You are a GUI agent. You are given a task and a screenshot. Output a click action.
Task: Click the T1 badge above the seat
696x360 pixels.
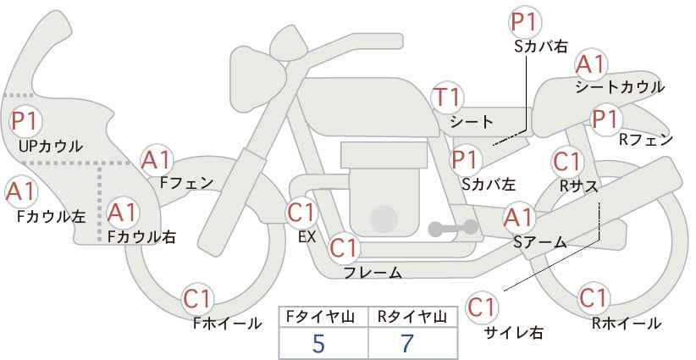(x=448, y=97)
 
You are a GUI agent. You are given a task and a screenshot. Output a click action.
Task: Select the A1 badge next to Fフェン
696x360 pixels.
(x=156, y=161)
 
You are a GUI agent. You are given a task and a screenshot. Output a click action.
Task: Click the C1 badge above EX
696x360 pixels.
(x=301, y=213)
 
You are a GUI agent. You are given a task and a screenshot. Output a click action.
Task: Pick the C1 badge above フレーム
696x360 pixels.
(x=344, y=247)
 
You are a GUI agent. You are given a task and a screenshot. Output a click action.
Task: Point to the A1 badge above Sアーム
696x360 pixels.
(x=518, y=218)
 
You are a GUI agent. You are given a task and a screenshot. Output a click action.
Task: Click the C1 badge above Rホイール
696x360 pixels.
(x=593, y=298)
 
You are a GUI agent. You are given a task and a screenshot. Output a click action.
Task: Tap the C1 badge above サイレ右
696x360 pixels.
(x=482, y=307)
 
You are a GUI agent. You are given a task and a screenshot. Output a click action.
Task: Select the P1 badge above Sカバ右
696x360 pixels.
(x=524, y=22)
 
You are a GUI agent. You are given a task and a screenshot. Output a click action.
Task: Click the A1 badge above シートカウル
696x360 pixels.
(x=591, y=65)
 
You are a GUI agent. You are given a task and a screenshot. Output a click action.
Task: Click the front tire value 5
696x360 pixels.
(x=318, y=343)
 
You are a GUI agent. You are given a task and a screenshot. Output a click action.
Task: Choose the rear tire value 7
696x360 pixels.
(x=407, y=343)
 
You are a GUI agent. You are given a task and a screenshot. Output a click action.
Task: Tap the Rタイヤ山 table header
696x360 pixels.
(x=412, y=317)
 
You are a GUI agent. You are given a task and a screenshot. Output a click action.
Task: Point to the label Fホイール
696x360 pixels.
(x=228, y=324)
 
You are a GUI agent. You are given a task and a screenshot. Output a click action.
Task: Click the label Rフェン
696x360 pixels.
(x=646, y=140)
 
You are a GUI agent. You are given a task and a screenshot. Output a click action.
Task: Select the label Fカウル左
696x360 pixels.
(x=51, y=216)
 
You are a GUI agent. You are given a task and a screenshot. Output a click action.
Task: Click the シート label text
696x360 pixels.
(x=472, y=122)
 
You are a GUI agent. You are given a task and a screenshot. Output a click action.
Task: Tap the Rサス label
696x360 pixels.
(x=579, y=186)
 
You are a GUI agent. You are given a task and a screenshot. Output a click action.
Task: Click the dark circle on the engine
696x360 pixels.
(x=384, y=219)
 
